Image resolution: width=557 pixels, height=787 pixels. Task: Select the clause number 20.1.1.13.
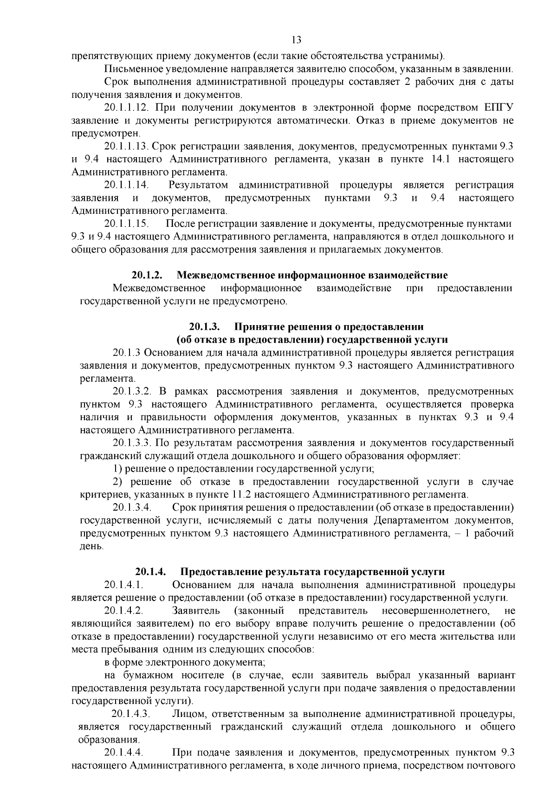[126, 147]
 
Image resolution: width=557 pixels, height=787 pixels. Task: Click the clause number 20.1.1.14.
[126, 185]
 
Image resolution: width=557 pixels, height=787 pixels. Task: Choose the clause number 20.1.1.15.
[126, 224]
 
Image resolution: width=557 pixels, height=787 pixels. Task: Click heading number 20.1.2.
[147, 275]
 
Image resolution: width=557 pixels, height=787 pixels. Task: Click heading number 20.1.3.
[204, 326]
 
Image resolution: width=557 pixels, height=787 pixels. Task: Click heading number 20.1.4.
[150, 571]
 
